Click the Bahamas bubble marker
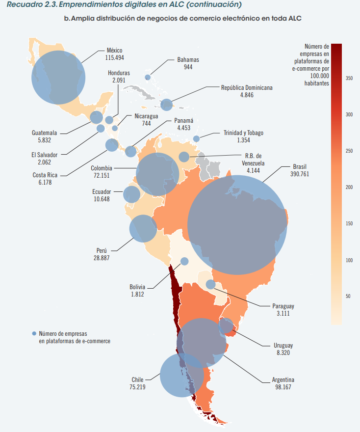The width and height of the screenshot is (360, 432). pyautogui.click(x=148, y=77)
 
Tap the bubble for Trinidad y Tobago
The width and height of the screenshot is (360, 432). pyautogui.click(x=196, y=139)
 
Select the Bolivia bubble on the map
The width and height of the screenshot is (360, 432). pyautogui.click(x=184, y=261)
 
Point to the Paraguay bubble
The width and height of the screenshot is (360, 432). pyautogui.click(x=210, y=284)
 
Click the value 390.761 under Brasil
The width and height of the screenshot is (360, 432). pyautogui.click(x=299, y=174)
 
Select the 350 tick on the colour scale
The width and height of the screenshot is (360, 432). pyautogui.click(x=349, y=78)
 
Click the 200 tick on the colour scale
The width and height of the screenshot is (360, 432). pyautogui.click(x=349, y=187)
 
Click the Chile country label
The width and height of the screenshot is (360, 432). pyautogui.click(x=137, y=379)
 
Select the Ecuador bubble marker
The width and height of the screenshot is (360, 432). pyautogui.click(x=131, y=194)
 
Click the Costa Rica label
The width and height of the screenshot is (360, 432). pyautogui.click(x=45, y=175)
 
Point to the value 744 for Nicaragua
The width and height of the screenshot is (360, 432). pyautogui.click(x=146, y=124)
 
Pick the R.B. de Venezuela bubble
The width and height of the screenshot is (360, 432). pyautogui.click(x=184, y=157)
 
